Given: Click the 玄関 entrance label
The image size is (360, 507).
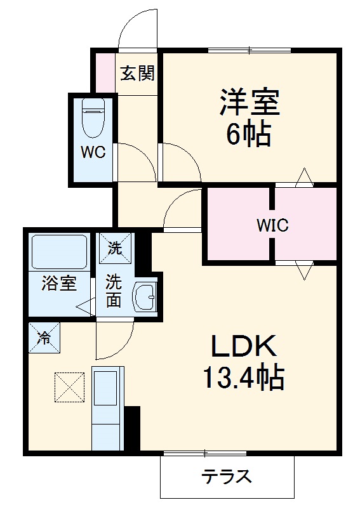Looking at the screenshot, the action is [138, 73].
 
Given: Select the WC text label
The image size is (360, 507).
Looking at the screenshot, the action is [93, 152].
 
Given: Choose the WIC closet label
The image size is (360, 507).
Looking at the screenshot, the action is [272, 225].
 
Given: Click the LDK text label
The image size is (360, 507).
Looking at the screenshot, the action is [244, 346].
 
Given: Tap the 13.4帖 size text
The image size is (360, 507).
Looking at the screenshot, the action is [244, 378].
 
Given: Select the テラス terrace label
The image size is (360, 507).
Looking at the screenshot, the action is [227, 477].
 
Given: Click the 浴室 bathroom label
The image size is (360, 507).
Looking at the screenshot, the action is [59, 283].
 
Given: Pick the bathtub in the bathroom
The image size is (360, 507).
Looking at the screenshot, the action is [59, 252].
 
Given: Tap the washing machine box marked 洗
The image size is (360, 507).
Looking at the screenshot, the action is [115, 249].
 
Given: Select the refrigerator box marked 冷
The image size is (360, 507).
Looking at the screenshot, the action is [44, 337].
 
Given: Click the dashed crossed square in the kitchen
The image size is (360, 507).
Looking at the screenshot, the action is [70, 387].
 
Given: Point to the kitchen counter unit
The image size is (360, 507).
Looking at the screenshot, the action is [108, 408].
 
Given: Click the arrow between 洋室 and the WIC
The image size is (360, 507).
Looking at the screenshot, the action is [304, 177].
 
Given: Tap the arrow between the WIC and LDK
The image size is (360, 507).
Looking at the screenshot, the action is [304, 271].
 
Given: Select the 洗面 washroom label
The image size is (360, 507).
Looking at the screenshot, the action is [114, 291].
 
